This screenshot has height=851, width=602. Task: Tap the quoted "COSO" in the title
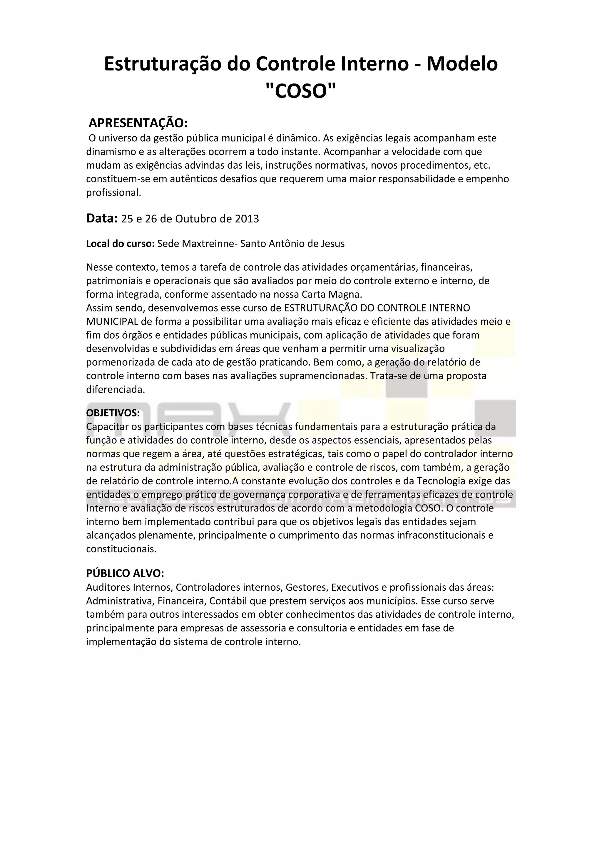(x=301, y=91)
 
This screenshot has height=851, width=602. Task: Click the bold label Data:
(x=102, y=218)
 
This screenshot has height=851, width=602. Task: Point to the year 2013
(x=247, y=219)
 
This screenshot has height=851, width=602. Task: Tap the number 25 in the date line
(x=127, y=219)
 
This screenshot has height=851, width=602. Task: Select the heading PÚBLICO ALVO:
(x=125, y=573)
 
